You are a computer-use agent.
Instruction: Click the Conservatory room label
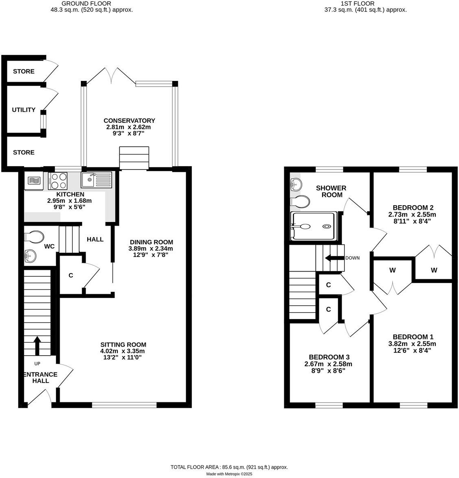[129, 121]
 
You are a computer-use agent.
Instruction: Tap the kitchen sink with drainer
[96, 179]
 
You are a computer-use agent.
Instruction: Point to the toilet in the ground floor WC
[34, 236]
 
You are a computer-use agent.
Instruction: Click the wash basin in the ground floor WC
[30, 256]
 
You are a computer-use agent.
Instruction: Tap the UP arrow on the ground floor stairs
[37, 345]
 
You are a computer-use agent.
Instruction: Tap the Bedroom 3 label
[328, 357]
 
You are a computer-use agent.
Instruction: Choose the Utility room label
[24, 110]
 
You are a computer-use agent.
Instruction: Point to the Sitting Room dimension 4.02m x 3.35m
[123, 351]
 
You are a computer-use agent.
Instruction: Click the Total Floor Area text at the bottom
[229, 467]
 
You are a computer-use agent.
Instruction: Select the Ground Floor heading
[81, 3]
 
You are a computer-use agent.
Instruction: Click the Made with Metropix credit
[229, 474]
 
